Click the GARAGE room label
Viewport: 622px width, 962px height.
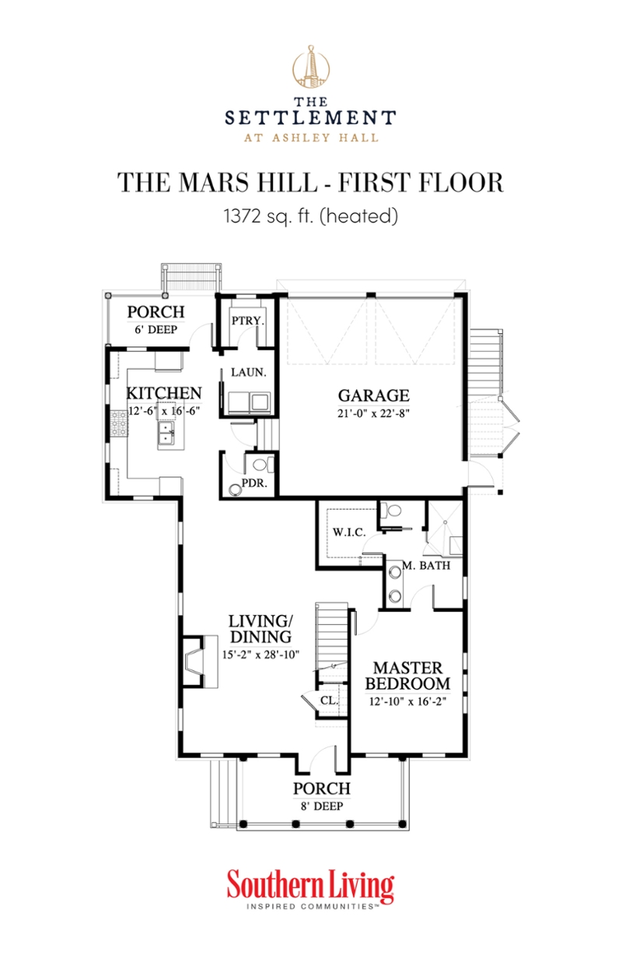[x=373, y=395]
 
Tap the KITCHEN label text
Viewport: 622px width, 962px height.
[x=165, y=393]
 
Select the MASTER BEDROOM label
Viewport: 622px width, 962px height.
[x=408, y=676]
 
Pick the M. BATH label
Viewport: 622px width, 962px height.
[x=425, y=566]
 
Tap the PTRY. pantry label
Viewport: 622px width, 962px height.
[x=248, y=321]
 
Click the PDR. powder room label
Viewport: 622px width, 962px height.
[x=255, y=483]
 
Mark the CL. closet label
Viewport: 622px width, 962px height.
[x=329, y=700]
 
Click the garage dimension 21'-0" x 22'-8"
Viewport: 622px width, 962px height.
[x=373, y=413]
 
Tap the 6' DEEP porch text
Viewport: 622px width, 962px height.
[x=155, y=329]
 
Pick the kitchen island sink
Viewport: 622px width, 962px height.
[x=167, y=434]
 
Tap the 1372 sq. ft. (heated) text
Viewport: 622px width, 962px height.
[x=310, y=216]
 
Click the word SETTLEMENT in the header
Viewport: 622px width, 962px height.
[x=310, y=117]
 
